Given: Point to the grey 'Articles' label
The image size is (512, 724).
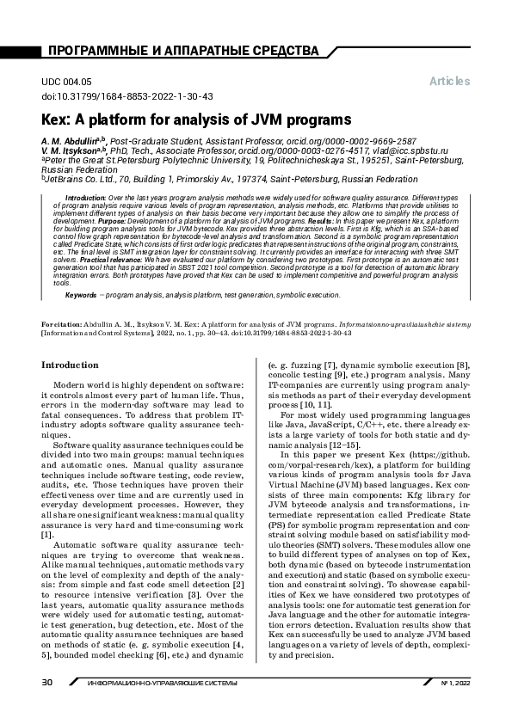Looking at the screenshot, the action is click(449, 81).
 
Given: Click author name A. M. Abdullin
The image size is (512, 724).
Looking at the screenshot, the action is click(70, 140).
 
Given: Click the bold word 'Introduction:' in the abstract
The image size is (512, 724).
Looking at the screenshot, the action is click(85, 198).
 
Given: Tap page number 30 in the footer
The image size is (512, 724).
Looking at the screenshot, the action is click(47, 706).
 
